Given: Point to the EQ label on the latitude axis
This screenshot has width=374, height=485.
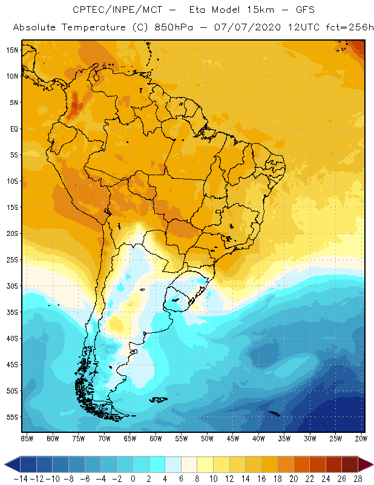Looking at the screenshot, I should tap(13, 129).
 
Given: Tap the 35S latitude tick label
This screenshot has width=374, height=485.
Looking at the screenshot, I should tap(12, 312).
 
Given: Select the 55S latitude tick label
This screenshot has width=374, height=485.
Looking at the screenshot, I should tap(12, 417).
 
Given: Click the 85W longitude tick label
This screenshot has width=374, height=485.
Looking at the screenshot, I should tap(27, 438).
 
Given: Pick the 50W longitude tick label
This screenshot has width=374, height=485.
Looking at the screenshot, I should tap(207, 438).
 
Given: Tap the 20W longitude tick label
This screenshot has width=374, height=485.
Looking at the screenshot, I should tap(361, 438).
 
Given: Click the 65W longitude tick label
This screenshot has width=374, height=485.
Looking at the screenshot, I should tap(130, 438).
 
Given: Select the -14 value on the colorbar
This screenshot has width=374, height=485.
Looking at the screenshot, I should tap(20, 479).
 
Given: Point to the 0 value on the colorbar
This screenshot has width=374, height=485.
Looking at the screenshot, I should tap(133, 479).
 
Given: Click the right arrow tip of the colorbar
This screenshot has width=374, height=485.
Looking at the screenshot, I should tap(371, 464).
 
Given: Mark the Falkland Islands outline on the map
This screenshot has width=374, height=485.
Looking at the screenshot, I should tap(158, 399).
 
